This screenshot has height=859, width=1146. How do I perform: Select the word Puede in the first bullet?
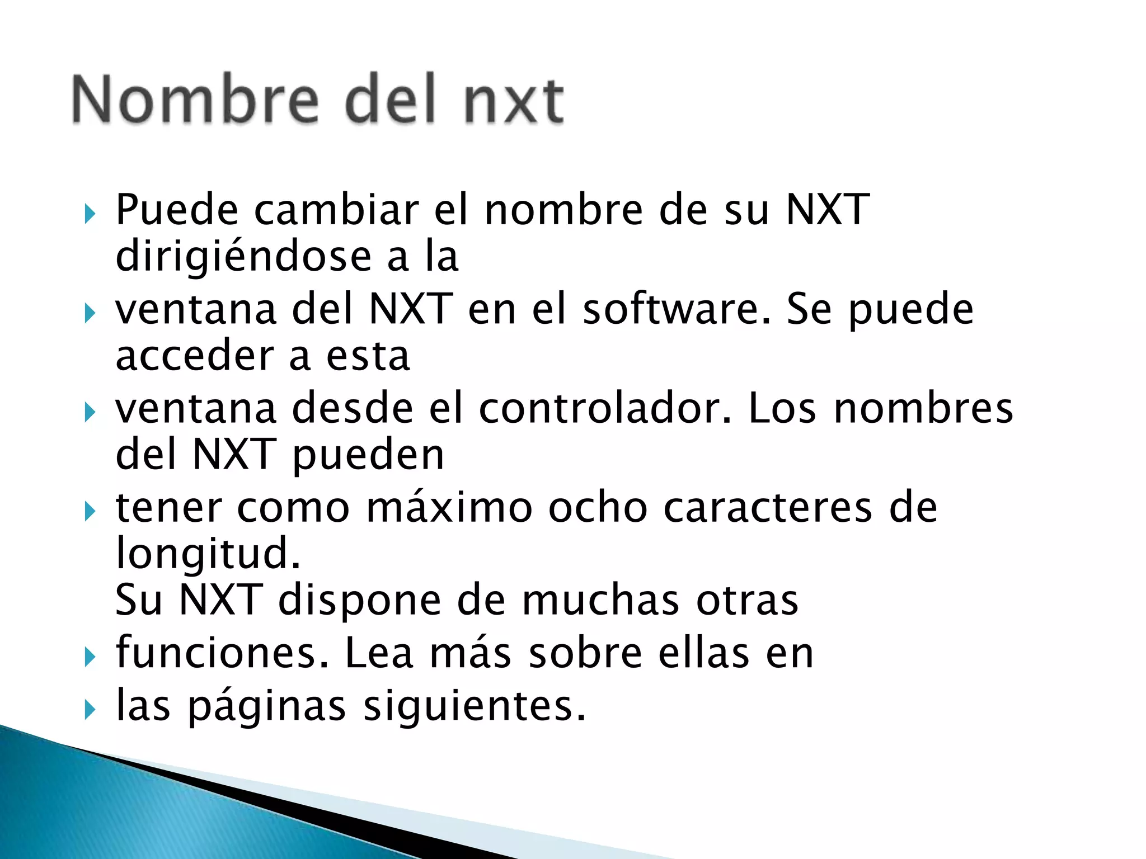coord(177,210)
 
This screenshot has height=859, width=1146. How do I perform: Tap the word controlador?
coord(605,408)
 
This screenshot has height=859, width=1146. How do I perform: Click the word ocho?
coord(598,508)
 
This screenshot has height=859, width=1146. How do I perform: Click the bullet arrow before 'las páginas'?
coord(90,710)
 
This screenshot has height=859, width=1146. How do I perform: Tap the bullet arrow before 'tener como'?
coord(90,512)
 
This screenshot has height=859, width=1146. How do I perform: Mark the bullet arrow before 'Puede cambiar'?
coord(90,214)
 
